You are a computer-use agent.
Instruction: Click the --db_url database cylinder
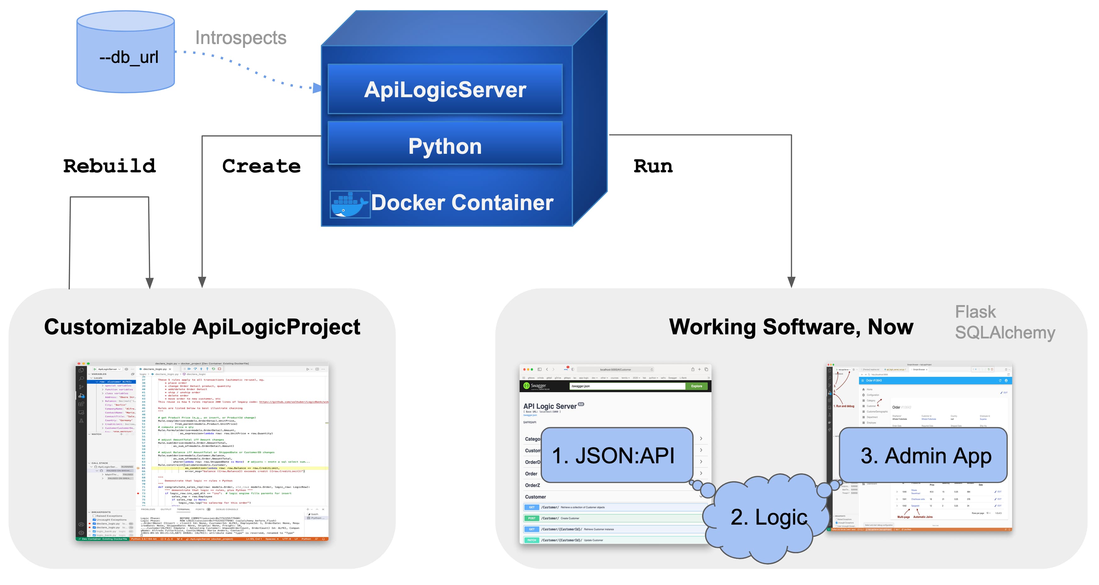point(126,53)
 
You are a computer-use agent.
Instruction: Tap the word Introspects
point(241,38)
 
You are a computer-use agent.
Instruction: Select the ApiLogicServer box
point(445,90)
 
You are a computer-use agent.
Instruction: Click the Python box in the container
point(445,146)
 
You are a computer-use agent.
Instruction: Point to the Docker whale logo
point(349,204)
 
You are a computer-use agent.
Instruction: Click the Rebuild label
point(110,166)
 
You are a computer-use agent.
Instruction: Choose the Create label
point(261,166)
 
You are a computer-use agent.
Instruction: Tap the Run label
point(653,166)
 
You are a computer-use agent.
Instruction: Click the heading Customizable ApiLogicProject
point(202,327)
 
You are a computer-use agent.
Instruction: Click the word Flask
point(975,312)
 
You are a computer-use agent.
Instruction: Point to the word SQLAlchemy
point(1005,332)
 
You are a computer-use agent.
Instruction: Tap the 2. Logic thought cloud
point(768,517)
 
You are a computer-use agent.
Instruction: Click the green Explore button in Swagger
point(696,386)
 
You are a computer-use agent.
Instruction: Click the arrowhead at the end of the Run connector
point(791,282)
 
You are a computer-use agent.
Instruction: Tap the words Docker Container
point(462,203)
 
